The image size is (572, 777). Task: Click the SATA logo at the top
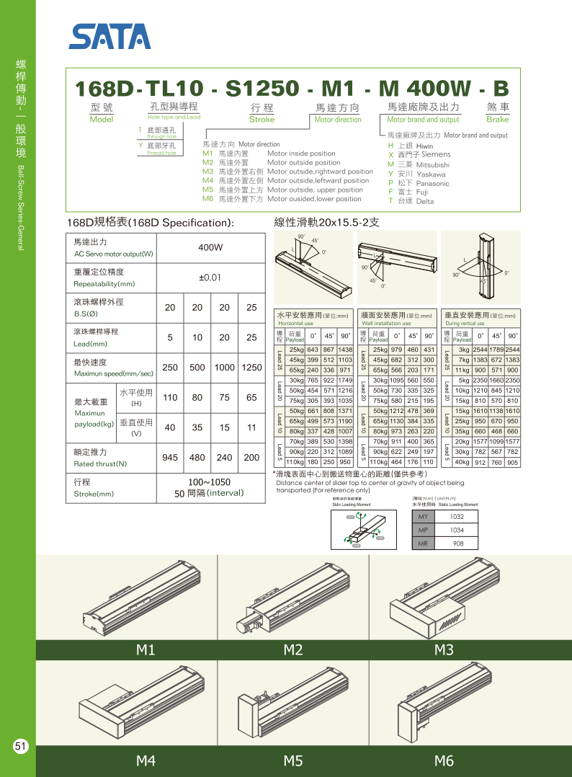pyautogui.click(x=110, y=36)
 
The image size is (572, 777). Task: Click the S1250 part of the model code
pyautogui.click(x=262, y=89)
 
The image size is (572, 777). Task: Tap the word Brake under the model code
pyautogui.click(x=497, y=120)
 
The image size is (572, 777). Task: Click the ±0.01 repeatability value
pyautogui.click(x=210, y=277)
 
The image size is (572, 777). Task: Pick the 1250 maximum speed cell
pyautogui.click(x=251, y=367)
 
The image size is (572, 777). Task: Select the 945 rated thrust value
pyautogui.click(x=170, y=457)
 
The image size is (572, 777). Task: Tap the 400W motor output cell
pyautogui.click(x=210, y=247)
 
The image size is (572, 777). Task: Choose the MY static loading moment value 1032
pyautogui.click(x=457, y=517)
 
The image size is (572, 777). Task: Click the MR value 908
pyautogui.click(x=457, y=543)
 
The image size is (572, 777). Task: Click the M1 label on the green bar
pyautogui.click(x=146, y=650)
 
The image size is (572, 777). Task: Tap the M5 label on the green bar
pyautogui.click(x=292, y=760)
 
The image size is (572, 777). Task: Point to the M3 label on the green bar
pyautogui.click(x=444, y=650)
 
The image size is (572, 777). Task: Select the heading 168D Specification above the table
pyautogui.click(x=150, y=223)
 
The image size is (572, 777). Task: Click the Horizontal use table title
pyautogui.click(x=313, y=316)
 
